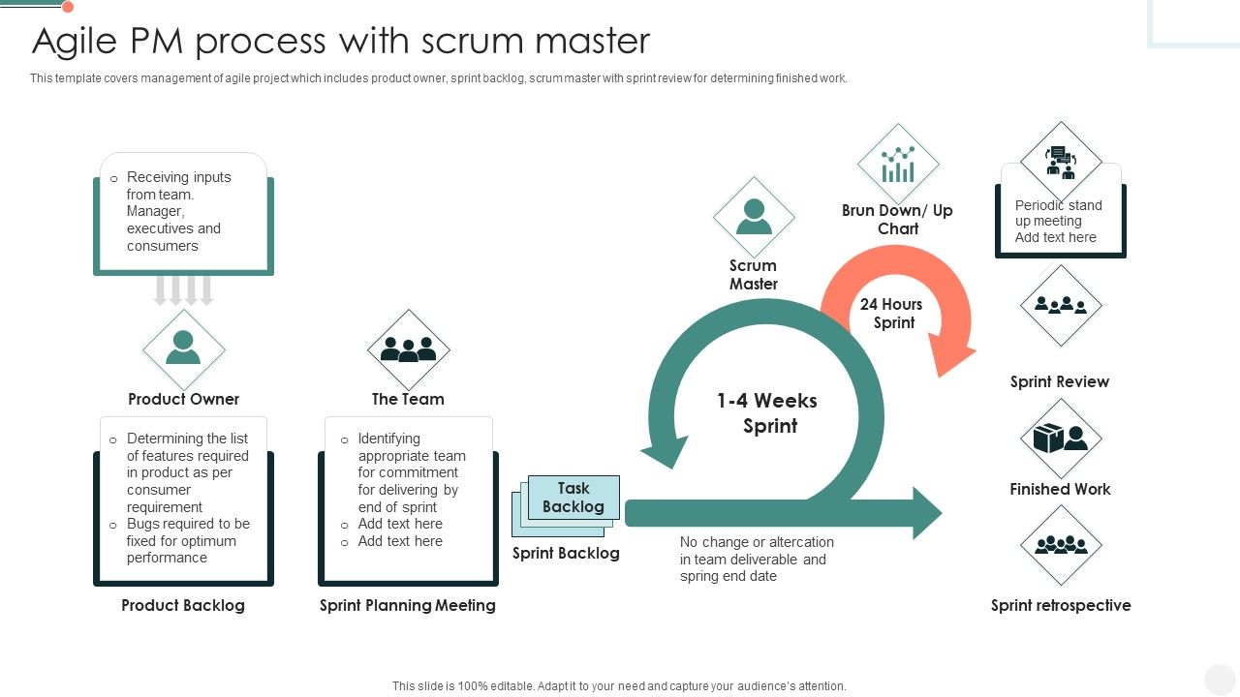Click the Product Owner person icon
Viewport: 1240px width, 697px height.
(x=183, y=348)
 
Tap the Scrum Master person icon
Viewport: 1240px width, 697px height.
(x=754, y=217)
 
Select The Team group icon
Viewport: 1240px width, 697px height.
(x=408, y=349)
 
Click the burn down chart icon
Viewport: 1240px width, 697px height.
(x=898, y=164)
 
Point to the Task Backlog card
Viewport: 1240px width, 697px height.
(x=573, y=498)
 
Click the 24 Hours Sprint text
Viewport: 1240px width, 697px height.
(x=891, y=314)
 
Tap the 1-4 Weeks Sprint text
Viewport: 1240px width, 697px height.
(x=767, y=413)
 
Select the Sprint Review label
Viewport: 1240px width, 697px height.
(x=1060, y=381)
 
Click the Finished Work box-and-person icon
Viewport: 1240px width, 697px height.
(x=1061, y=439)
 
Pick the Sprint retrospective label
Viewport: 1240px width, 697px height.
(x=1061, y=605)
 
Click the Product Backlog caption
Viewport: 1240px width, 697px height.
(x=183, y=605)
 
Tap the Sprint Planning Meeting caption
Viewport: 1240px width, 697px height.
(x=408, y=605)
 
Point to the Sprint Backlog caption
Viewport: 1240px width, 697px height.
(x=566, y=553)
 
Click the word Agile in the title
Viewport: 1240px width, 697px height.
(x=74, y=41)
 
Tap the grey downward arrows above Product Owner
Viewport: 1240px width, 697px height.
(x=183, y=290)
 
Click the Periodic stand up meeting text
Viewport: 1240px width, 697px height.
(x=1057, y=221)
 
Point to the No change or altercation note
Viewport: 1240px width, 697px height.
(x=756, y=559)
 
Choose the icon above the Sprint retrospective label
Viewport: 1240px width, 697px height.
(x=1061, y=545)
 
